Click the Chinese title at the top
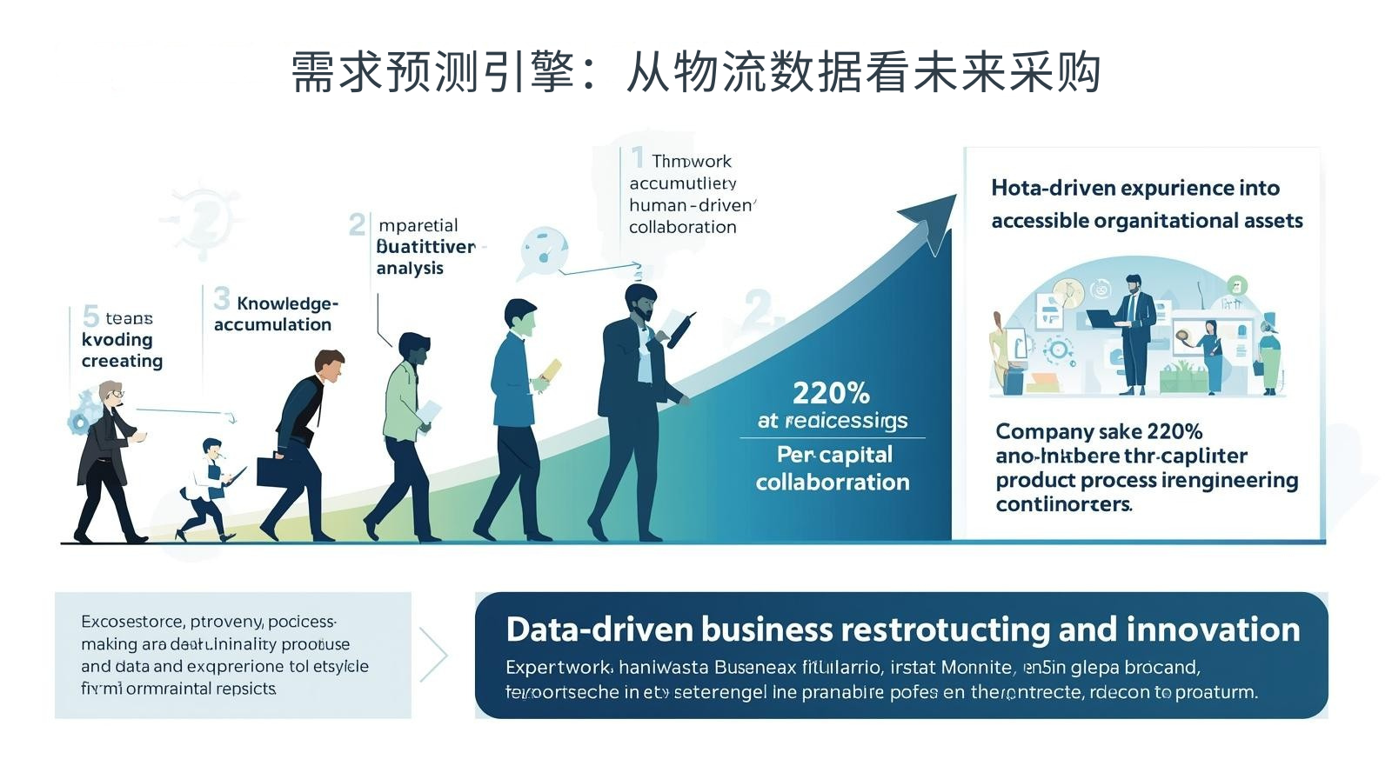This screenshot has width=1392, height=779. click(696, 71)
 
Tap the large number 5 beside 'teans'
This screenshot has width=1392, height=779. click(90, 316)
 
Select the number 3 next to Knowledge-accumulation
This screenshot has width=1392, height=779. click(222, 299)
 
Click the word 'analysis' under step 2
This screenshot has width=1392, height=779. click(410, 269)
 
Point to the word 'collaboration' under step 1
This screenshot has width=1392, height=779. click(683, 227)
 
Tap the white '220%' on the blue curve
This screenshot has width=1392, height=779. click(831, 393)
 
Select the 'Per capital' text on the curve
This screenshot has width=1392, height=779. click(834, 455)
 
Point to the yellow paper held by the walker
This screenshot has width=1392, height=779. click(552, 370)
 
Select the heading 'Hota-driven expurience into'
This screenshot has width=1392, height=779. click(1134, 188)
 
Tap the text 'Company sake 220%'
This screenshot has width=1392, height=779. click(1098, 431)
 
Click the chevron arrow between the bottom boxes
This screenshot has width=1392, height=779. click(435, 655)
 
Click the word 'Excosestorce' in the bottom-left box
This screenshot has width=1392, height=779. click(133, 622)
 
